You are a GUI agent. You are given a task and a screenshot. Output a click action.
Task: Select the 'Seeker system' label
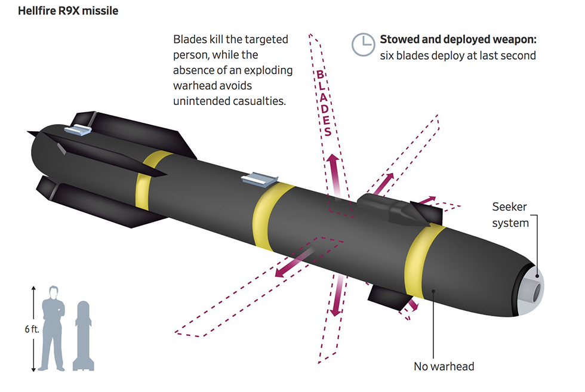[x=510, y=215]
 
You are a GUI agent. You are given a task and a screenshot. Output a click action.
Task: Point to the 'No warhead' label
[x=444, y=366]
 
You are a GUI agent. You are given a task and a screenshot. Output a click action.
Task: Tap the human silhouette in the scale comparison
[x=53, y=328]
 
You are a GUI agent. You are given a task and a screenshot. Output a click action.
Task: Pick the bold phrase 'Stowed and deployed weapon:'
[x=458, y=40]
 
